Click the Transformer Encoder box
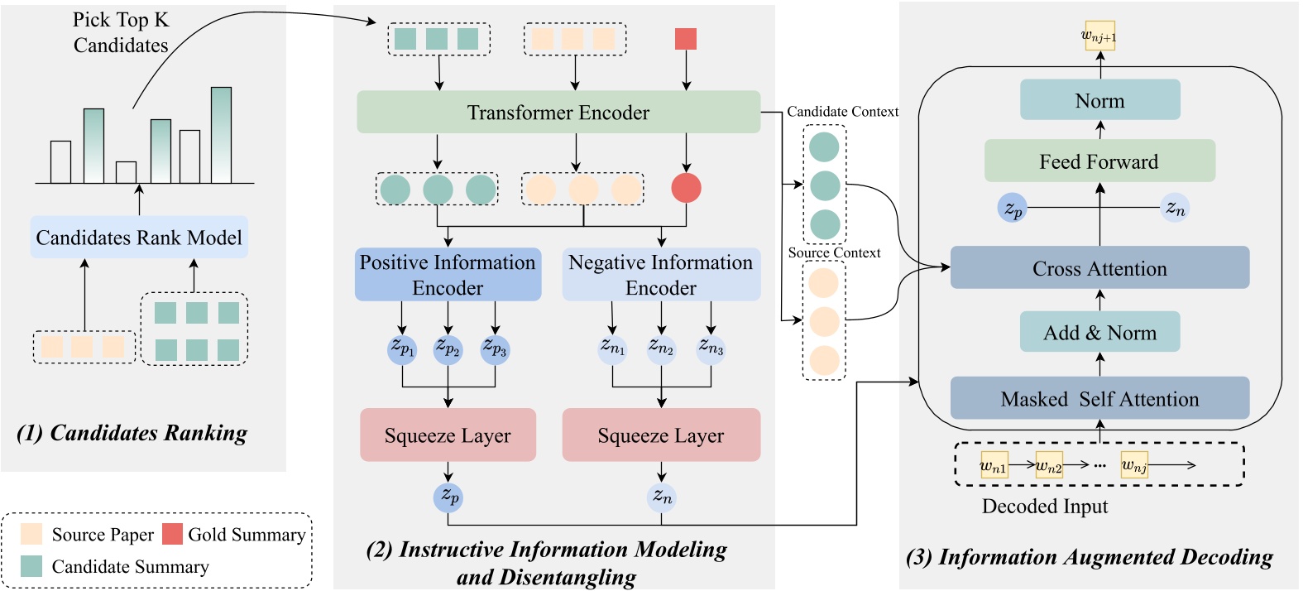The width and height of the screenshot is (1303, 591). (558, 112)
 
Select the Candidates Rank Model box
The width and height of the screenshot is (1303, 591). (139, 238)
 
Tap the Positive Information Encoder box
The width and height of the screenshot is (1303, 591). (448, 275)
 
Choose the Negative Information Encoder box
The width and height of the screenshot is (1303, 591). (661, 275)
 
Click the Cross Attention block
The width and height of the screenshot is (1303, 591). (1099, 268)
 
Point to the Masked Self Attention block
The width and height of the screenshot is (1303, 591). (1099, 398)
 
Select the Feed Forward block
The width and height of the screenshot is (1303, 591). (1099, 161)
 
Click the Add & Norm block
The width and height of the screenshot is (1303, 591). (1099, 333)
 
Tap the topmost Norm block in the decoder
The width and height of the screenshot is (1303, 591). (1099, 100)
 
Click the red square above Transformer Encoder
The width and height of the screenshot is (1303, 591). (686, 39)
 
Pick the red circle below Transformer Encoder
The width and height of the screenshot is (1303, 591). (686, 188)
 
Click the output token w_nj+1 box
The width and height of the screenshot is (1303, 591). (1099, 36)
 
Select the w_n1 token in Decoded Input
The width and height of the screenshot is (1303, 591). (994, 465)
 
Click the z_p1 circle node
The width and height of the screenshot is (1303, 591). (402, 348)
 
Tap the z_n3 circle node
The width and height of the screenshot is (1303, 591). (711, 348)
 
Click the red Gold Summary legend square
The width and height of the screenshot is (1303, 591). (172, 534)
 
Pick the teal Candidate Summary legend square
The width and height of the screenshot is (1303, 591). (31, 566)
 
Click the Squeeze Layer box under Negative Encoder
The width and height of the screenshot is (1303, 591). (661, 435)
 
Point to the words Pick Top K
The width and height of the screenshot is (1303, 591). (121, 20)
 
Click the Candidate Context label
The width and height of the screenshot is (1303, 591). (842, 112)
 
